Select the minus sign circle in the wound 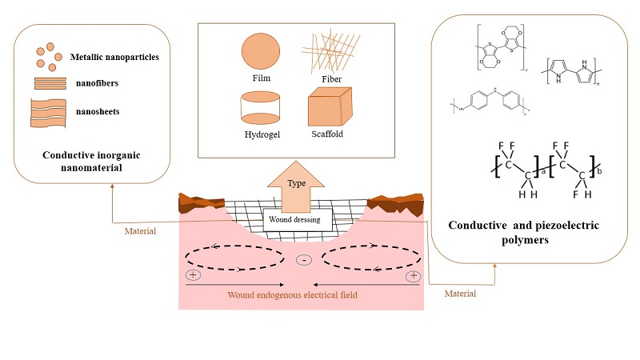(303, 260)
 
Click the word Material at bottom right (459, 294)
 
